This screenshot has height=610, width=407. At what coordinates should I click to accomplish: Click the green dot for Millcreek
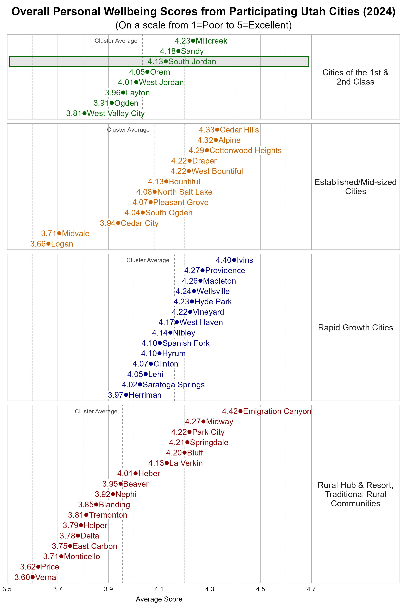coord(193,41)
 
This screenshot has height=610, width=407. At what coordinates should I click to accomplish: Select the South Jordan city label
coord(192,62)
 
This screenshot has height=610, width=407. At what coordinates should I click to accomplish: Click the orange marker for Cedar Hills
coord(217,130)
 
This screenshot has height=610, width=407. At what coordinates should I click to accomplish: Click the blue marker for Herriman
coord(126,395)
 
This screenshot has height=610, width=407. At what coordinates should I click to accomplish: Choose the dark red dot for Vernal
coord(32,577)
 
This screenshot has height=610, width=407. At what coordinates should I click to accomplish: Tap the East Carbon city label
coord(95,546)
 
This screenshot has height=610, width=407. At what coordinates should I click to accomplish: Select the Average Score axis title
coord(159,599)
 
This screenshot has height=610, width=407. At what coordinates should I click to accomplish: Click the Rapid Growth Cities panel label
coord(355,328)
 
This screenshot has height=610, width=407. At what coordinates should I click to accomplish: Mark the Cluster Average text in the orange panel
coord(128,130)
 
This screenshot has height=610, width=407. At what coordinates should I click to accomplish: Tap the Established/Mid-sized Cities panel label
coord(355,187)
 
